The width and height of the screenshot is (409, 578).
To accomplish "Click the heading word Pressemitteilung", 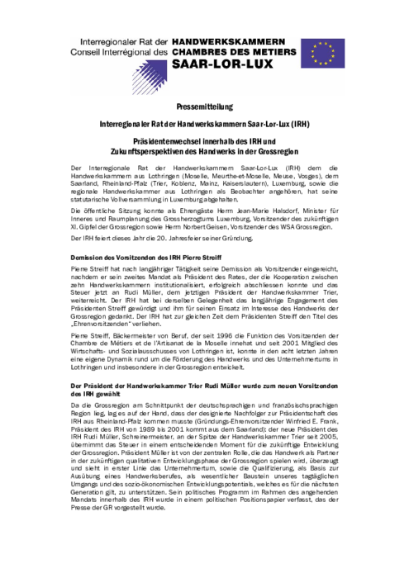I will click(x=204, y=107).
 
